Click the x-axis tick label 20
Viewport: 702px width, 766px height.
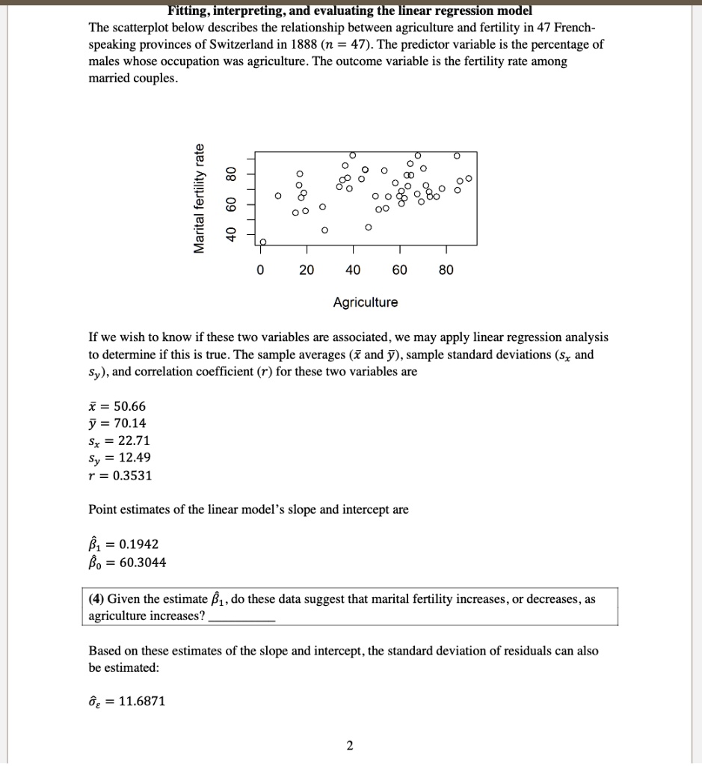[x=307, y=270]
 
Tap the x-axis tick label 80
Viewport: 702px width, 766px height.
[x=446, y=270]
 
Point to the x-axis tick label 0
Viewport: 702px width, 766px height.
[x=259, y=270]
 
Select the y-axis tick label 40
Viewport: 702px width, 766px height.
[x=232, y=233]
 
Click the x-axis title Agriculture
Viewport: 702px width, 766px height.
[x=366, y=302]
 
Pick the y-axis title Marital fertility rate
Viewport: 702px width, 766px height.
[x=199, y=198]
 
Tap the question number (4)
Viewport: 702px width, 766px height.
[x=96, y=599]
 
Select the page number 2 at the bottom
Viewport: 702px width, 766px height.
[x=350, y=745]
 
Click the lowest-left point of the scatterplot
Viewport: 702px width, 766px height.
[x=262, y=242]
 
